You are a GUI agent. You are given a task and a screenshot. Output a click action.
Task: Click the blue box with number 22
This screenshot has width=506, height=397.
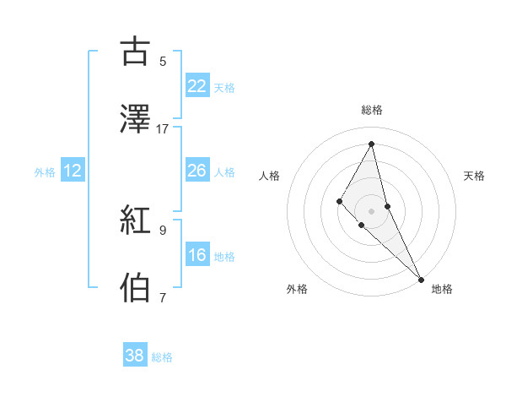[x=197, y=85]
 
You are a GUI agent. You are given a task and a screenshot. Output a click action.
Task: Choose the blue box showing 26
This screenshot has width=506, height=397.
[x=197, y=170]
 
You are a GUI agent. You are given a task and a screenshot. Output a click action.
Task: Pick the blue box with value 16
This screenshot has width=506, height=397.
[x=197, y=254]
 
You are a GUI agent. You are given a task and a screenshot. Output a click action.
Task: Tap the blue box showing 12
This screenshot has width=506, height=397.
[x=73, y=171]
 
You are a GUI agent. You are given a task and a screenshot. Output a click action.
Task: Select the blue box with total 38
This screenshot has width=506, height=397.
[x=135, y=356]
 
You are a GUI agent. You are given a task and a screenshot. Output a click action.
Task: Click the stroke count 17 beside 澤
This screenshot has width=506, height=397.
[x=163, y=129]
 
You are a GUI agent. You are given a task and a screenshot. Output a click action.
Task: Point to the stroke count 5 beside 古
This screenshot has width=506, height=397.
[x=163, y=62]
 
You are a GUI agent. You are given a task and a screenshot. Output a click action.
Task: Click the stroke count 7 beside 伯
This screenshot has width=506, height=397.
[x=163, y=297]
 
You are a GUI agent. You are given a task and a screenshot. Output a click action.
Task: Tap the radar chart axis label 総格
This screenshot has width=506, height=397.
[x=372, y=110]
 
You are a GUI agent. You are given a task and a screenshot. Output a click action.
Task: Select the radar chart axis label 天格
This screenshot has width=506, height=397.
[x=475, y=176]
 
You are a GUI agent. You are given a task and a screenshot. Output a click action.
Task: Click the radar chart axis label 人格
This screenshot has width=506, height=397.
[x=269, y=176]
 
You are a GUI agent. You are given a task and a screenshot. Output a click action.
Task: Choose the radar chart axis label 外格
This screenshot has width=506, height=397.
[x=297, y=289]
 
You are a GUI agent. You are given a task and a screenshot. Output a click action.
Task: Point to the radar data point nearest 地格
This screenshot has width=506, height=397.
[x=420, y=278]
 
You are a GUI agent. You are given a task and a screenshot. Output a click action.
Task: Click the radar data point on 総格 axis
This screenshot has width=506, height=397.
[x=372, y=143]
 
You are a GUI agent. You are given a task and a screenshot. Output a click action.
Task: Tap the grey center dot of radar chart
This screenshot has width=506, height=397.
[x=372, y=210]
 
